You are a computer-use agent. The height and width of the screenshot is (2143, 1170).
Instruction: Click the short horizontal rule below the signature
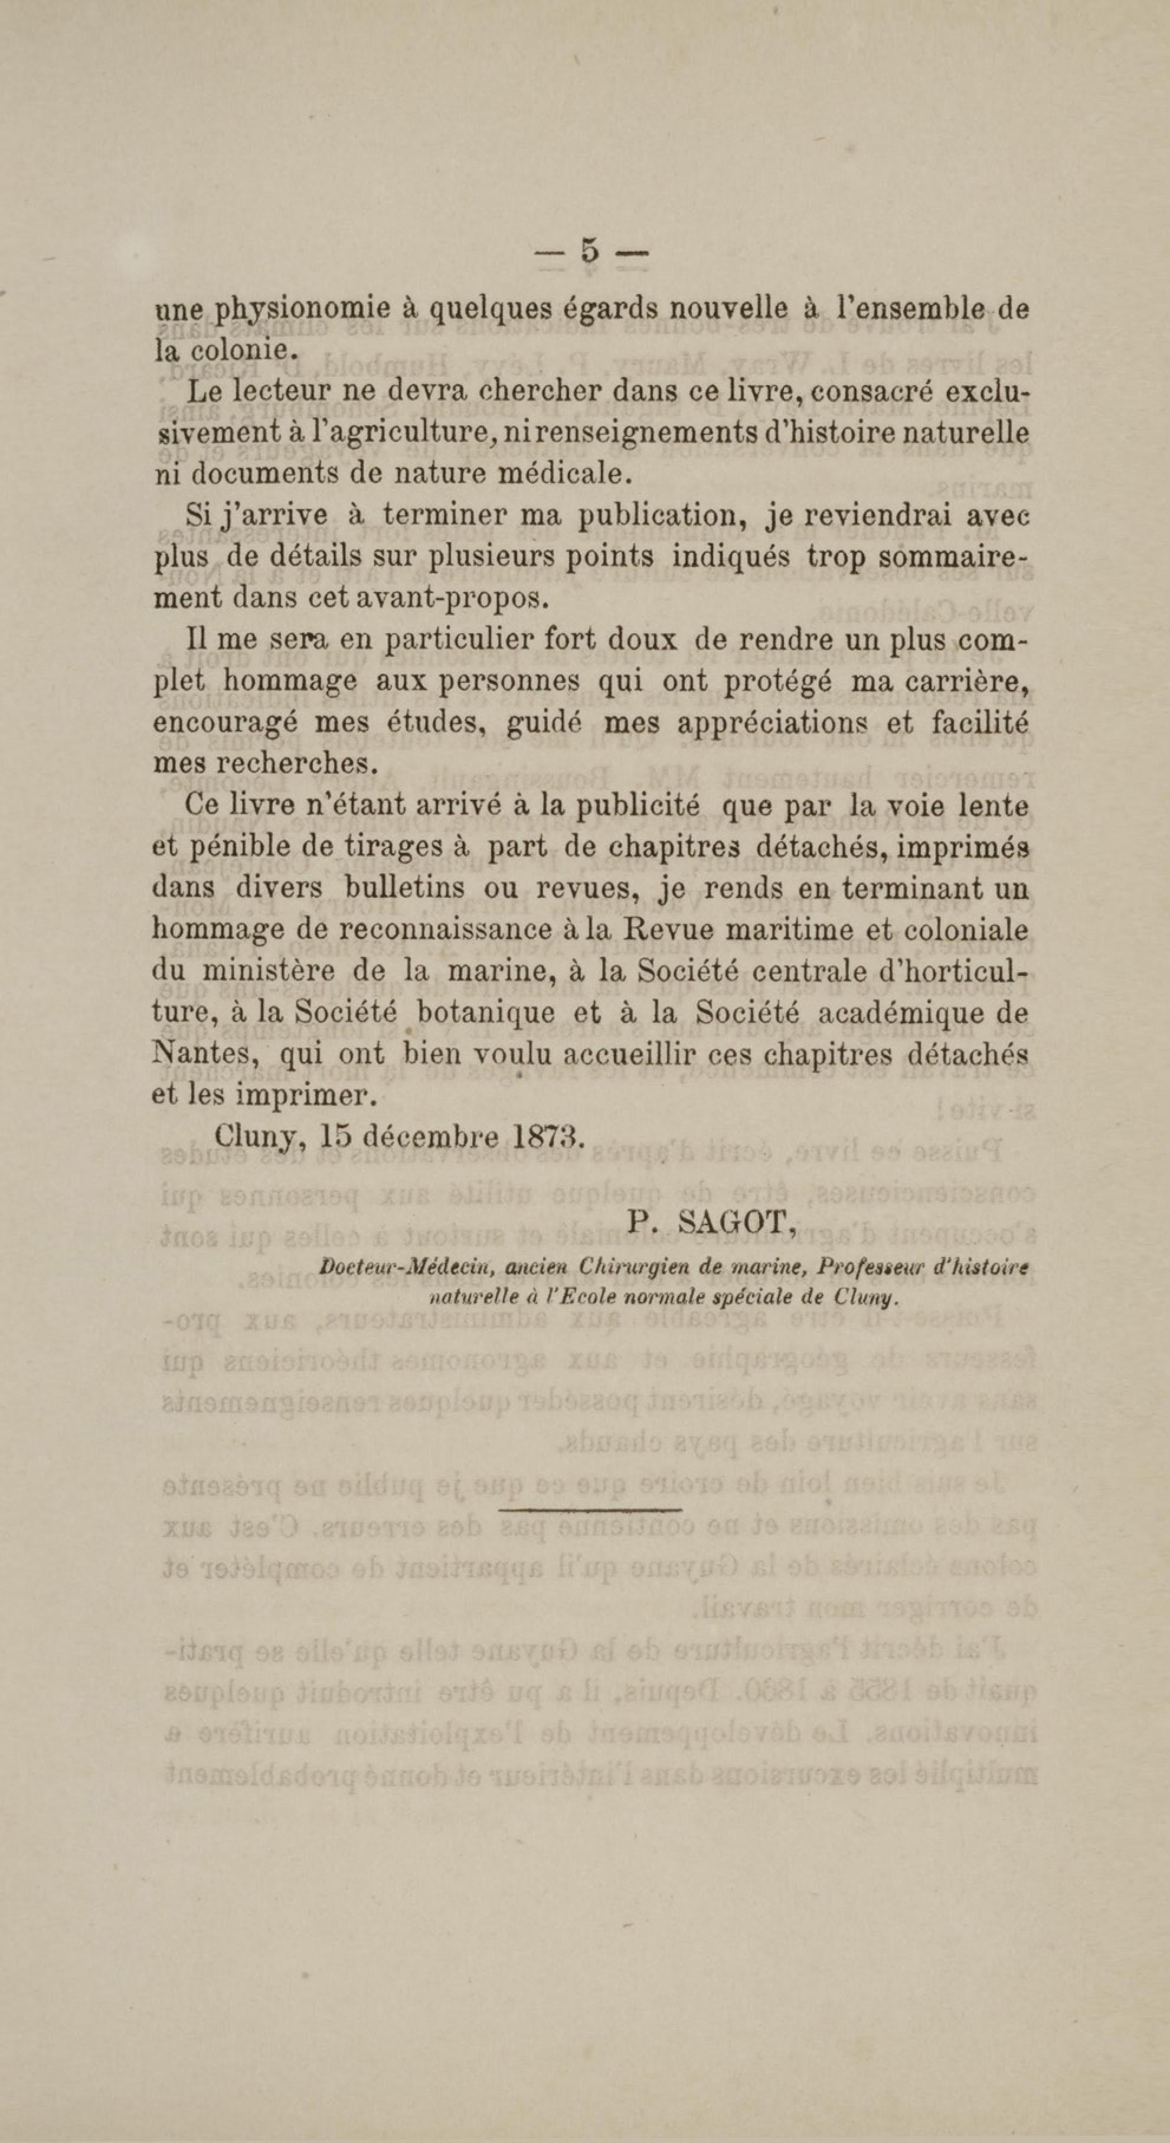pyautogui.click(x=591, y=1510)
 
